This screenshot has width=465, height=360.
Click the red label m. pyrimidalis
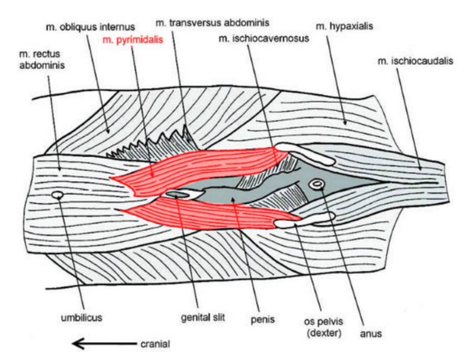coord(133,39)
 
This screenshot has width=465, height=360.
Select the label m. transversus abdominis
coord(212,23)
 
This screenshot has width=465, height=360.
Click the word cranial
coord(155,344)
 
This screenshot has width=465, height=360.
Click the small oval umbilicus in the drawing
coord(58,195)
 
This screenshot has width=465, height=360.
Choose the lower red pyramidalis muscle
coord(210,215)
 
